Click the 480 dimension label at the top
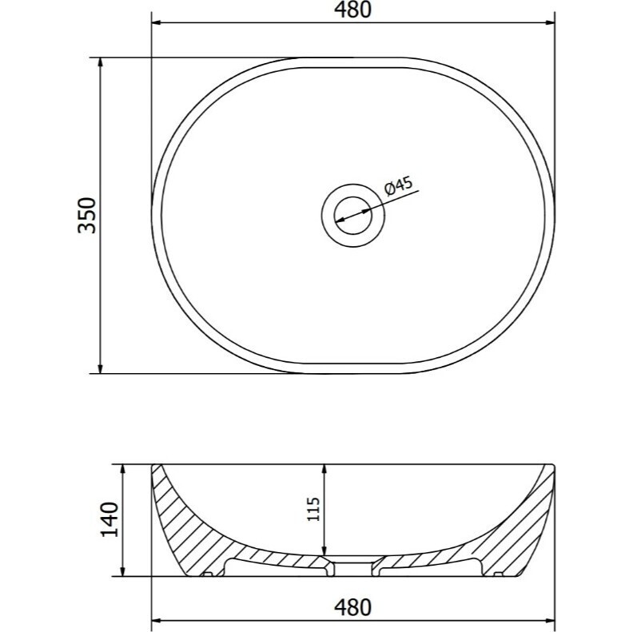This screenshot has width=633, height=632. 352,10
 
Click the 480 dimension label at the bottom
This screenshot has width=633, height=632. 352,607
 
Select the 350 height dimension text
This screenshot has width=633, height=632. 87,215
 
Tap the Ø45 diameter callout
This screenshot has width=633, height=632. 399,186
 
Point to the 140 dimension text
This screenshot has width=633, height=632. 109,519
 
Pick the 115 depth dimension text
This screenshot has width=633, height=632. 313,508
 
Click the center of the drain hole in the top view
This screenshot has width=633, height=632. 352,215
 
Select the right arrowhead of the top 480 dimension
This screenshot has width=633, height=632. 550,22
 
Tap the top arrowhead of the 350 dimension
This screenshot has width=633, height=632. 101,62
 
